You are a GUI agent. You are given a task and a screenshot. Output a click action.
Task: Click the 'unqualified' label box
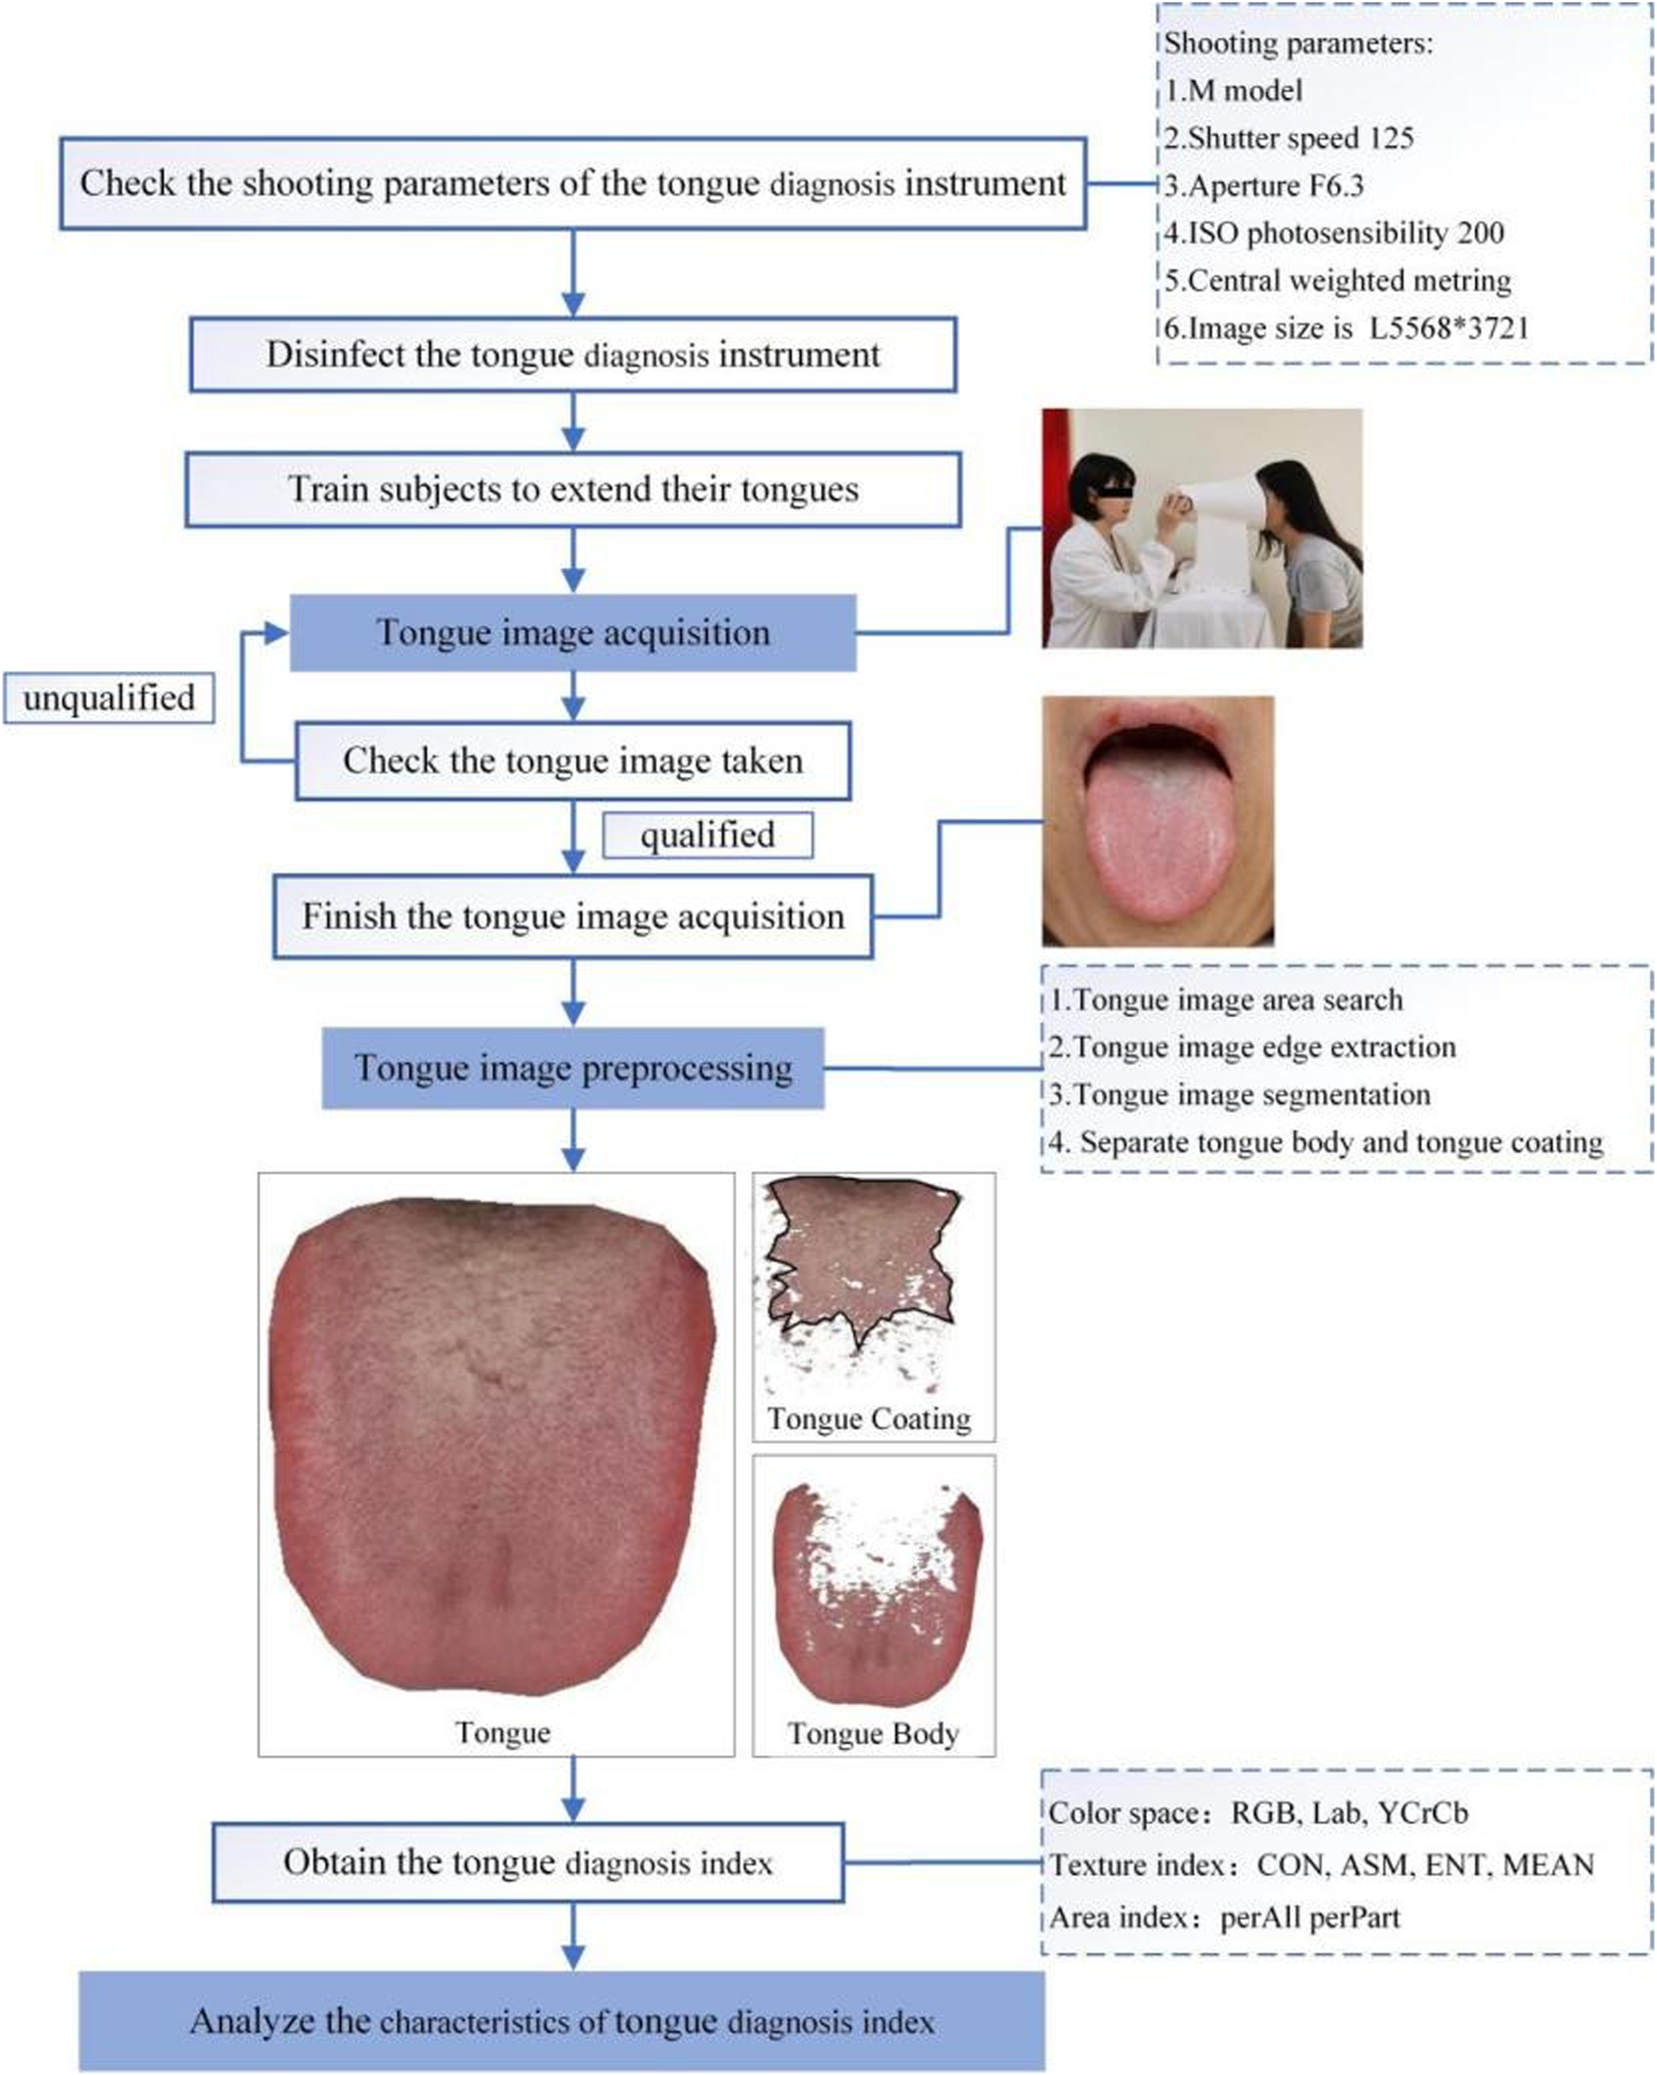point(109,699)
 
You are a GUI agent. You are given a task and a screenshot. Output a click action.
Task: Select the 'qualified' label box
point(708,835)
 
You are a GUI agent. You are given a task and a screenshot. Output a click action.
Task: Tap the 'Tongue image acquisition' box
point(573,633)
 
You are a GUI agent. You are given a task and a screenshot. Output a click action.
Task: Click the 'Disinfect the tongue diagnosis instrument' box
point(573,355)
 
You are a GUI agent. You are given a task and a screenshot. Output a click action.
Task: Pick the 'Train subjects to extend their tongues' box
point(573,490)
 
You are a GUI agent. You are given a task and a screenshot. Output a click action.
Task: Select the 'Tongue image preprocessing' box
point(573,1069)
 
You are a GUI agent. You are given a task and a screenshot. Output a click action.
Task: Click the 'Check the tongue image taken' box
point(573,761)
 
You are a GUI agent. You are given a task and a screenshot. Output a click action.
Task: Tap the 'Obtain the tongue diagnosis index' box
point(527,1863)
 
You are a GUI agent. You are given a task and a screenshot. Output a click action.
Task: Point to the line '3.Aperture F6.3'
point(1264,186)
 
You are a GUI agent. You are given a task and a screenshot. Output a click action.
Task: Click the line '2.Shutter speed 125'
point(1288,139)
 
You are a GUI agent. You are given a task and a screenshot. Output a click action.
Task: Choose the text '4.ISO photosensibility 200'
point(1333,233)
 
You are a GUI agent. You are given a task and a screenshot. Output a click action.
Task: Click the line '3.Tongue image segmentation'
point(1239,1095)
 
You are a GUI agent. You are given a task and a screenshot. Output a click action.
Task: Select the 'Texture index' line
point(1320,1865)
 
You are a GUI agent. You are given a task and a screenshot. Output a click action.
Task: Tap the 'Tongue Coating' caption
point(869,1420)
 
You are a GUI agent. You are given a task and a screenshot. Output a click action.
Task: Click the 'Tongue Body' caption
point(873,1733)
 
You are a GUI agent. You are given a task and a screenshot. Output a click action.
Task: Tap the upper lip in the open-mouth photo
point(1155,717)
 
